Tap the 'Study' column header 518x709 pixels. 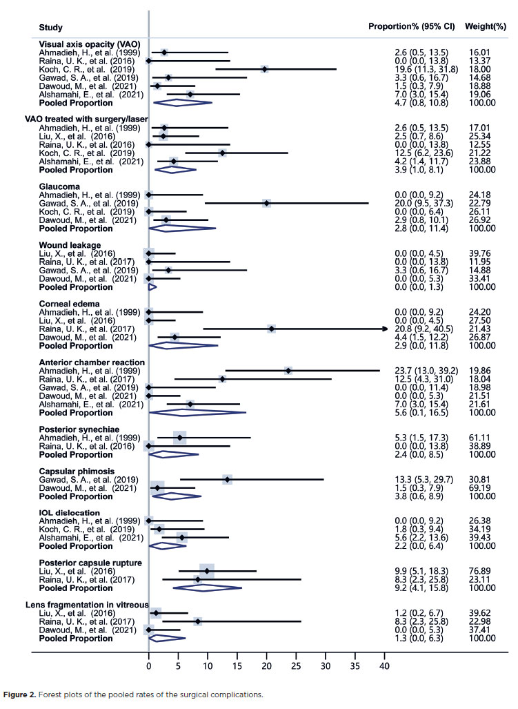[x=51, y=28]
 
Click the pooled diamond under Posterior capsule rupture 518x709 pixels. [x=207, y=587]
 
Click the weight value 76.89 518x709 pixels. [x=483, y=572]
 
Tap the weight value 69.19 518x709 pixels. [x=483, y=487]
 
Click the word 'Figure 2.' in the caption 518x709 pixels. [x=23, y=694]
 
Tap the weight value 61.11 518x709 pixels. [x=483, y=438]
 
